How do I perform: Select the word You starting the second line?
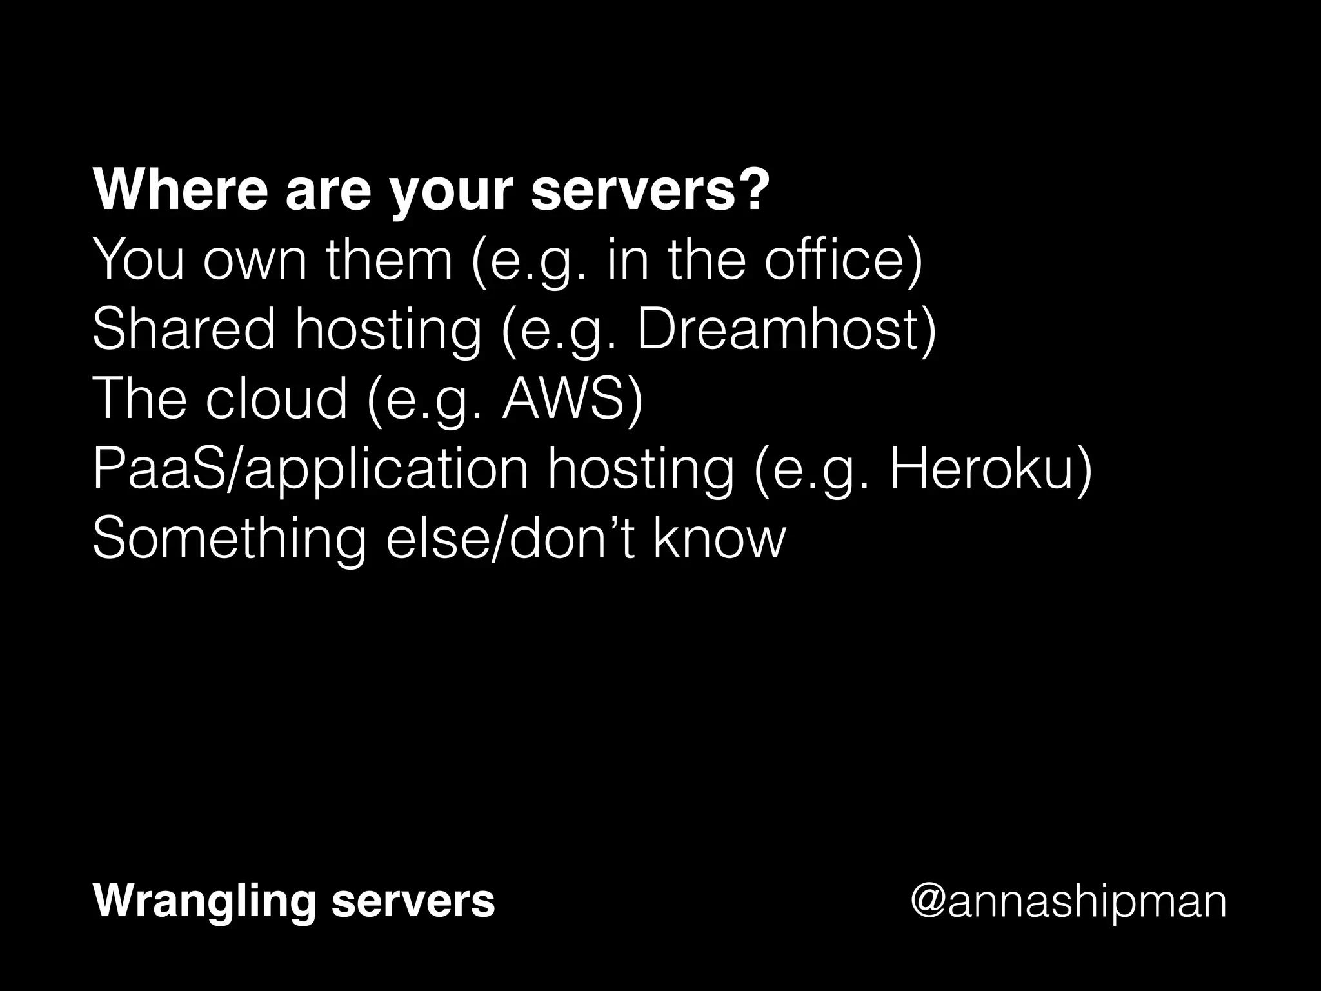(x=139, y=260)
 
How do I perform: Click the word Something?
(x=229, y=539)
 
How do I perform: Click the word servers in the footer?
(x=413, y=901)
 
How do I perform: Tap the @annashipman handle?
(x=1068, y=903)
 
